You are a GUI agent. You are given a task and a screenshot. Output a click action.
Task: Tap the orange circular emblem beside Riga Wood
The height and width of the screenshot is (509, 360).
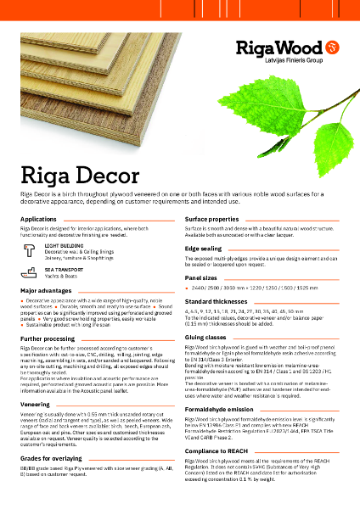[x=332, y=42]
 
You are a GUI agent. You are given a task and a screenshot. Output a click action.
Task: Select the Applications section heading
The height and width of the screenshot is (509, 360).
[x=39, y=220]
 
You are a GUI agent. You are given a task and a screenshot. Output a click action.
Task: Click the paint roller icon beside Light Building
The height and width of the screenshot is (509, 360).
[x=29, y=249]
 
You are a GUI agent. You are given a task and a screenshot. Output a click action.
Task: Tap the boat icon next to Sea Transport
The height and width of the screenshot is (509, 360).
[x=29, y=273]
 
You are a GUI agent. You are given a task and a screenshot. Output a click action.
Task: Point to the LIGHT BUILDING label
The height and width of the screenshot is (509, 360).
[x=64, y=245]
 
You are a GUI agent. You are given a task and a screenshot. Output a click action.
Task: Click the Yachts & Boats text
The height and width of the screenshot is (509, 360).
[x=62, y=276]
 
